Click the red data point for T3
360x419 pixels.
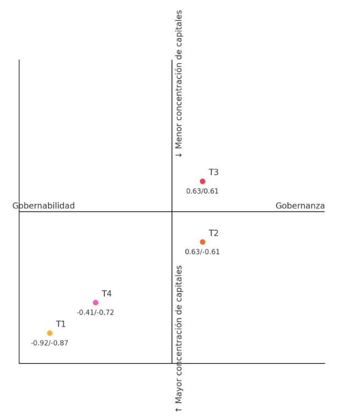tap(203, 181)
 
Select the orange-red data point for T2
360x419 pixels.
tap(203, 242)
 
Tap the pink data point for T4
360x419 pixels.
tap(95, 303)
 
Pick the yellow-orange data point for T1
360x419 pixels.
tap(50, 333)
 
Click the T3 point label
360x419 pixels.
tap(213, 172)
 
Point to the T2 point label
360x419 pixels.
tap(213, 233)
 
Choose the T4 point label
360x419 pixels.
tap(106, 294)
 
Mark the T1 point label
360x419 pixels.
tap(61, 325)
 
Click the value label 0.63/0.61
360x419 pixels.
tap(203, 191)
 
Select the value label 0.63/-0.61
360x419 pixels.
tap(203, 252)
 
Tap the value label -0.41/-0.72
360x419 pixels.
tap(95, 312)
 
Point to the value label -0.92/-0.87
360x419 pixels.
tap(50, 343)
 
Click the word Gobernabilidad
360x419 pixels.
tap(43, 206)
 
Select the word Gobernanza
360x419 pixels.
tap(300, 206)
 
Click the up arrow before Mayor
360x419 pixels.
tap(179, 409)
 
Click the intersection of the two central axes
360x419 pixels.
tap(172, 212)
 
